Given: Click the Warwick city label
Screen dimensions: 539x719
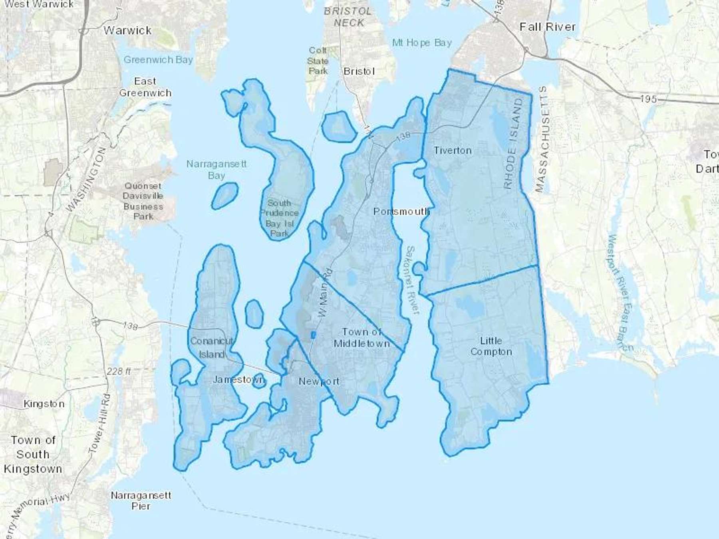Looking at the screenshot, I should (127, 30).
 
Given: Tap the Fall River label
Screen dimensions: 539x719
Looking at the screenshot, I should (547, 27).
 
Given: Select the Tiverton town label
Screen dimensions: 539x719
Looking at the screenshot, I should (453, 151).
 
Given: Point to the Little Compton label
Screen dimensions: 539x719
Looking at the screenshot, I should (491, 346).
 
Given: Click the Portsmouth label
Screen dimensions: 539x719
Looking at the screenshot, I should (401, 211).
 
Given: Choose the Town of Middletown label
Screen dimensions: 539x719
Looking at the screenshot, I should (361, 338).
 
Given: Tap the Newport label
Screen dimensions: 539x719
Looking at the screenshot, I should (319, 381).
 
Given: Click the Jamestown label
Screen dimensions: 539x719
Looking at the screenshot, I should (238, 379).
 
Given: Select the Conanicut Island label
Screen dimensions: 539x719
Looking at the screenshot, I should (212, 347).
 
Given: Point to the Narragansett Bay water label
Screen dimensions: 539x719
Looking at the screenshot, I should (216, 169).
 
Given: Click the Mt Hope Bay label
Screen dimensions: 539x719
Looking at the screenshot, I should (422, 43).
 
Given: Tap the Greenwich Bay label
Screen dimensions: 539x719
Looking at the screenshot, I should (158, 60).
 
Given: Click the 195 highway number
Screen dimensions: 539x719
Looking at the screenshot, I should (648, 99).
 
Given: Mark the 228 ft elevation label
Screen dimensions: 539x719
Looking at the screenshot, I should (119, 371).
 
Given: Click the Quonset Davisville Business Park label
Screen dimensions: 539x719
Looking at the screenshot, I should (143, 201).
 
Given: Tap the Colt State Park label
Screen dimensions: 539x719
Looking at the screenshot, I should (318, 61).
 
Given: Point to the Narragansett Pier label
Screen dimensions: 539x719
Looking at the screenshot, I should (141, 501).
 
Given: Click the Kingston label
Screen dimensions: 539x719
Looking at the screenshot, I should (44, 404).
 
